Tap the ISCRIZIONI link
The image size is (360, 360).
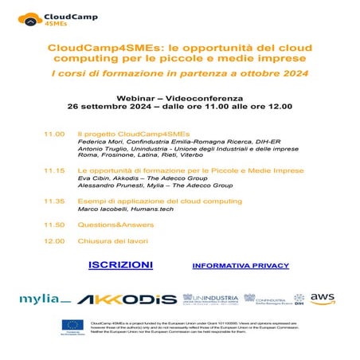tap(119, 264)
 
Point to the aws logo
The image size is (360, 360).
tap(323, 299)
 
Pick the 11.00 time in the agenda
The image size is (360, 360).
tap(54, 134)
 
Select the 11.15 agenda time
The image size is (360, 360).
tap(54, 170)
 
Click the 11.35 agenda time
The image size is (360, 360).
tap(54, 202)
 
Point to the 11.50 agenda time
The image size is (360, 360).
tap(54, 225)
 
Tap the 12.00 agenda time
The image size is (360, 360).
tap(54, 241)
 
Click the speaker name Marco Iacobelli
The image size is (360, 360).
tap(100, 211)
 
